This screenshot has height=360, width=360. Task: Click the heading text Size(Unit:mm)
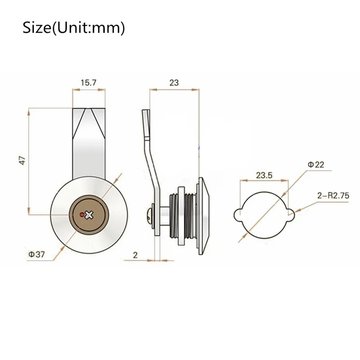[x=74, y=28]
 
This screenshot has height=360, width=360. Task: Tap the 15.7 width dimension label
[x=89, y=83]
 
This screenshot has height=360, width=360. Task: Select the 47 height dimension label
[x=22, y=160]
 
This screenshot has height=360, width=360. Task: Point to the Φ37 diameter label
[x=36, y=254]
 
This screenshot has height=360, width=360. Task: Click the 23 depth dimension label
[x=174, y=83]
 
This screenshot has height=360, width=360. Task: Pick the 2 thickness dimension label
[x=135, y=255]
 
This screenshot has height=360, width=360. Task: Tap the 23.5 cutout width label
[x=264, y=175]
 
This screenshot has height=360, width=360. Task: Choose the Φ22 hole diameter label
[x=316, y=165]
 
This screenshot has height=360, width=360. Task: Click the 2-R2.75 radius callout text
[x=333, y=196]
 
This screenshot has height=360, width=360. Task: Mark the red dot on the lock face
[x=82, y=215]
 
